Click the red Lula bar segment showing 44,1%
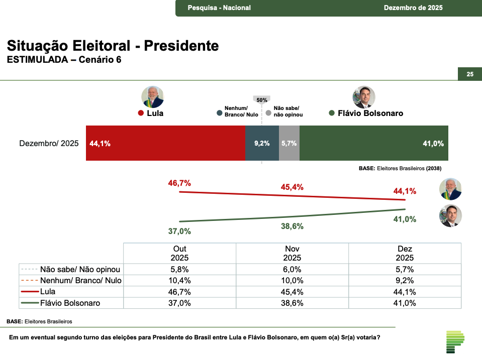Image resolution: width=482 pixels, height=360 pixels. tap(165, 143)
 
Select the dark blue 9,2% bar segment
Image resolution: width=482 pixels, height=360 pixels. tap(262, 143)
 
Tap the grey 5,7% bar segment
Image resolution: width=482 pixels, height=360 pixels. tap(289, 143)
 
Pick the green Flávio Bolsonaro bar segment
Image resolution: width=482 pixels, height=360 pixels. tap(373, 143)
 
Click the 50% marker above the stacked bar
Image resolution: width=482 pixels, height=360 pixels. tap(262, 100)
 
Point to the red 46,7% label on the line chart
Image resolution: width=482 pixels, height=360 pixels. tap(179, 183)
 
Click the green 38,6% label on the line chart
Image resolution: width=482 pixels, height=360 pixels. tap(292, 226)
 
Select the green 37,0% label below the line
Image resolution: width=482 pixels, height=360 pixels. tap(179, 231)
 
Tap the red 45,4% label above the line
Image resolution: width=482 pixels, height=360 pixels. tap(292, 187)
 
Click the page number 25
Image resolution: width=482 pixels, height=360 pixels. tap(470, 74)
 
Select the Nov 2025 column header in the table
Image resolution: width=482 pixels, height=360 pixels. tap(292, 253)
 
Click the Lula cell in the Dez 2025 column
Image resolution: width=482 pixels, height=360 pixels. tap(405, 292)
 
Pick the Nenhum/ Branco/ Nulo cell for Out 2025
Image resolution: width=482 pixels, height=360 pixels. tap(179, 280)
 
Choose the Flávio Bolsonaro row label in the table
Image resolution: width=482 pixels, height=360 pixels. tap(71, 303)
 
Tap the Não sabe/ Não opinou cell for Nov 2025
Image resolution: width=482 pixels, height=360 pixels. tap(292, 269)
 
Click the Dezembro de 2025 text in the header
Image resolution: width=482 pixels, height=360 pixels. tap(413, 8)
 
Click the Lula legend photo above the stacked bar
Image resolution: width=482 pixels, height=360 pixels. tap(152, 97)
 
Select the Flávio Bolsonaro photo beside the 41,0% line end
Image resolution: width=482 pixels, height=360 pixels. tap(450, 216)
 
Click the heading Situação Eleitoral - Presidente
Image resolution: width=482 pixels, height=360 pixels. tap(113, 46)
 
